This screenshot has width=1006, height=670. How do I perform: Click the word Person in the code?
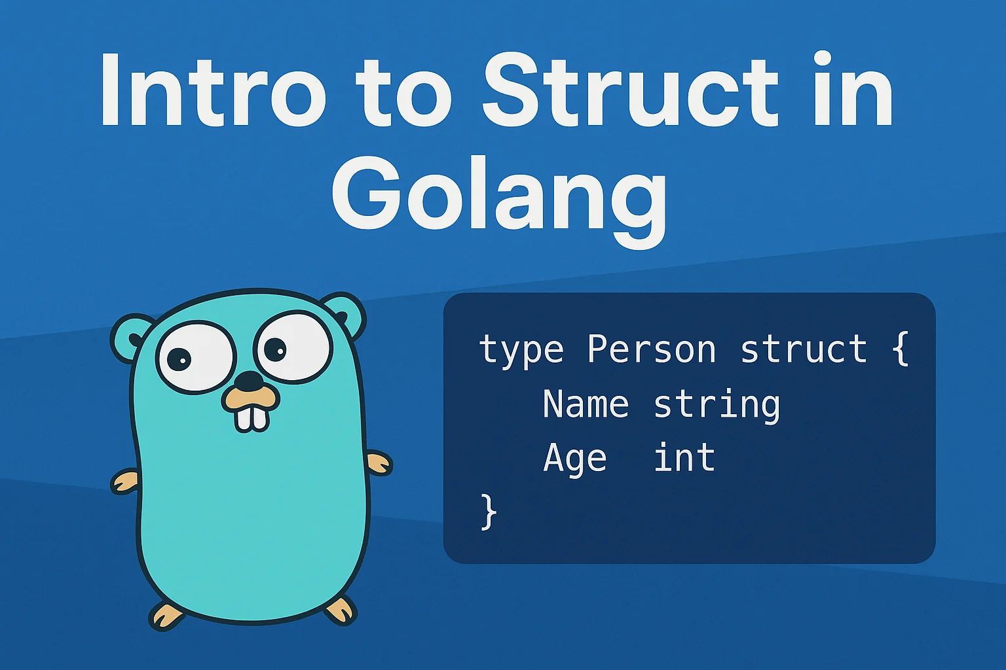651,349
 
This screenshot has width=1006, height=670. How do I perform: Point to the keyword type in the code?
521,351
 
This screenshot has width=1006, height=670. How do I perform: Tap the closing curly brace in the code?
489,512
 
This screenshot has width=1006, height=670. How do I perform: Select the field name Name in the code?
586,404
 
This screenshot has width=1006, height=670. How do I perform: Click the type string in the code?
717,405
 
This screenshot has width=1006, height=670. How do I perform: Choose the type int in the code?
684,457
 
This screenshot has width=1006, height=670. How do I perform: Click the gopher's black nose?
250,381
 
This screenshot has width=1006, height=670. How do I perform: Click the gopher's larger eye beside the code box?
293,348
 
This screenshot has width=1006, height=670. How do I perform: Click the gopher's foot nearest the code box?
341,610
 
